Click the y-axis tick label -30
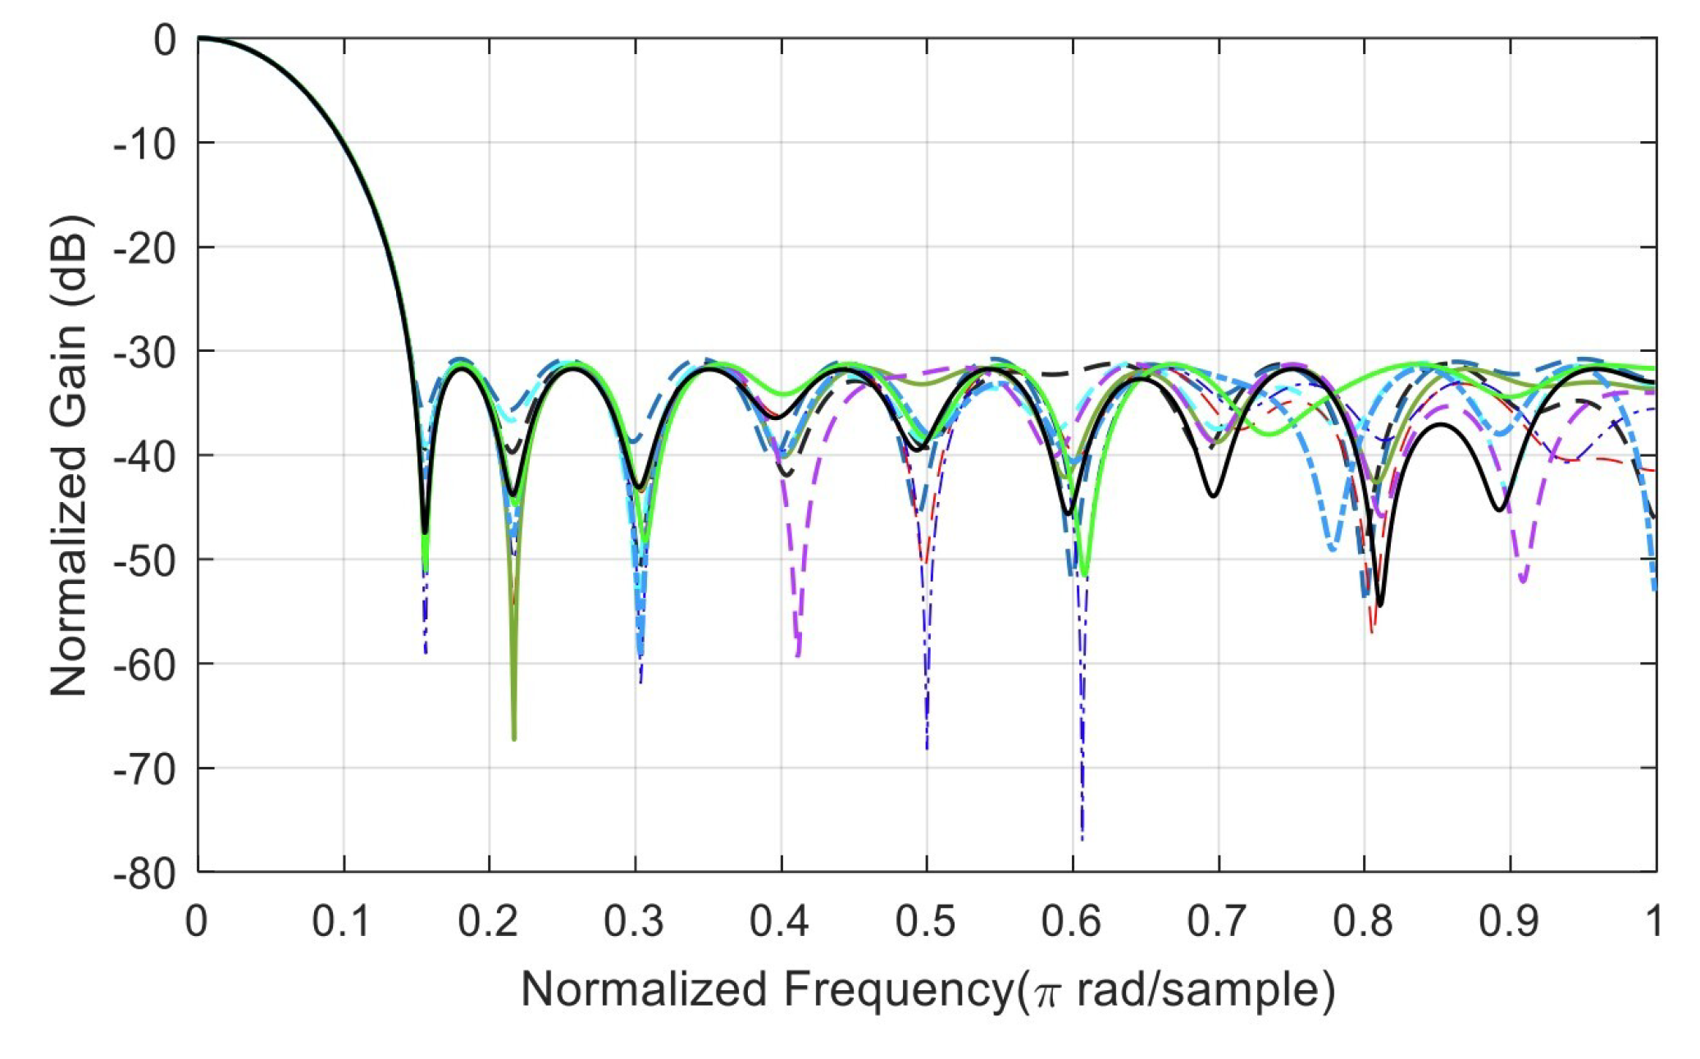click(x=145, y=352)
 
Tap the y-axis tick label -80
click(x=145, y=873)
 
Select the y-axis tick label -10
click(x=145, y=144)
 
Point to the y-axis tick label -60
click(x=145, y=664)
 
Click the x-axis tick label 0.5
click(x=926, y=921)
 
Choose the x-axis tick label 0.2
click(x=489, y=921)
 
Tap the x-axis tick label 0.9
click(x=1509, y=921)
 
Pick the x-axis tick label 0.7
click(x=1218, y=921)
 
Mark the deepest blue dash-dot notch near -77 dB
click(x=1082, y=837)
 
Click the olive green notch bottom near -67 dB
click(x=514, y=737)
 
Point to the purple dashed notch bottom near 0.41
click(x=798, y=653)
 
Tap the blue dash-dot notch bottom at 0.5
click(x=927, y=745)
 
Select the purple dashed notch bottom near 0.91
click(x=1523, y=580)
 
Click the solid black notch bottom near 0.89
click(x=1499, y=509)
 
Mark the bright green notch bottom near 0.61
click(x=1084, y=573)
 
